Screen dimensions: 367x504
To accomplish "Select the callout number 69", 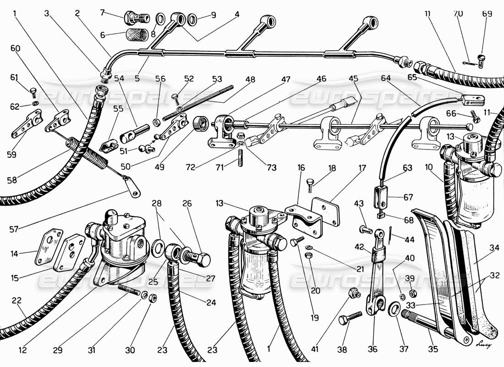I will [487, 14].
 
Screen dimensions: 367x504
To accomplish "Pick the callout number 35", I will [433, 349].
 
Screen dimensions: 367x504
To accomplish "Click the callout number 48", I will [250, 79].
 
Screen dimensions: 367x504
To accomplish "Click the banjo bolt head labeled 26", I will [201, 260].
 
